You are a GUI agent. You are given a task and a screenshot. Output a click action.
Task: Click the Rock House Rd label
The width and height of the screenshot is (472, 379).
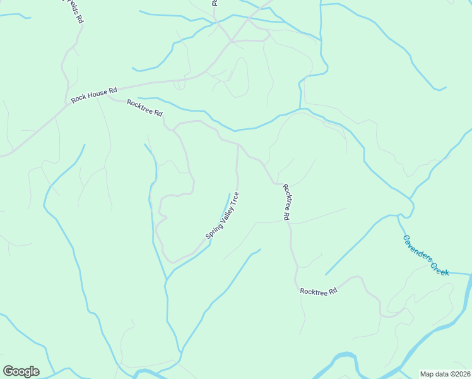(x=94, y=95)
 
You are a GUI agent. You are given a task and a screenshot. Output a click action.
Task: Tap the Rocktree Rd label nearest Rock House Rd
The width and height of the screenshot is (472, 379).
(x=145, y=108)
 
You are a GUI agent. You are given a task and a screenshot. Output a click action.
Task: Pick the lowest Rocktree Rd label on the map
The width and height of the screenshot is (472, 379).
(x=319, y=291)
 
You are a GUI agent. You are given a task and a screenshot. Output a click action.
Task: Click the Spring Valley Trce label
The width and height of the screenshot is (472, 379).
(x=222, y=215)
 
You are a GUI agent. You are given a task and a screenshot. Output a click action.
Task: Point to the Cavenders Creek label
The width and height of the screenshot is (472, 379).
(x=426, y=255)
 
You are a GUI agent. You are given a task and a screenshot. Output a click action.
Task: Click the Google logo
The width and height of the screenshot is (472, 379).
(x=21, y=371)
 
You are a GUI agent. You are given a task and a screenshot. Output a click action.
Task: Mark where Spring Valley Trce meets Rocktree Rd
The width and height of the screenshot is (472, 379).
(x=237, y=145)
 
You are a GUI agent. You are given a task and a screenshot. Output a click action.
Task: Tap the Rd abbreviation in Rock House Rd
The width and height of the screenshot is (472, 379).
(x=113, y=91)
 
